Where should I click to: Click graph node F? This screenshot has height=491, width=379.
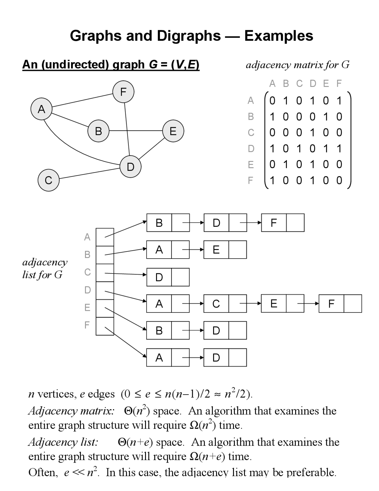click(x=123, y=92)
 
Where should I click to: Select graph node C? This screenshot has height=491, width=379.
click(x=49, y=180)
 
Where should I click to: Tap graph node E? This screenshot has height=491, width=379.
click(x=173, y=131)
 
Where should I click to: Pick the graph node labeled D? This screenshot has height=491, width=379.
click(x=131, y=167)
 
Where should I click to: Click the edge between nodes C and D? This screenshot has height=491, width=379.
click(x=89, y=173)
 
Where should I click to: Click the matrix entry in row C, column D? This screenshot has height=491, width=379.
click(x=312, y=133)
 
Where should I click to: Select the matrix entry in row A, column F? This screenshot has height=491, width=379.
click(x=339, y=101)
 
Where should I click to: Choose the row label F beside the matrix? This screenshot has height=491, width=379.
click(x=250, y=180)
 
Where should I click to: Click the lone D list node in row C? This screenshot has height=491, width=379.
click(x=159, y=277)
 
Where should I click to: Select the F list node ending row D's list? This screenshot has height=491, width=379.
click(x=331, y=304)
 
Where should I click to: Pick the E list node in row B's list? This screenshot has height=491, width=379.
click(x=216, y=250)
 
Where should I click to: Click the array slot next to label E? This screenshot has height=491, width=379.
click(x=105, y=308)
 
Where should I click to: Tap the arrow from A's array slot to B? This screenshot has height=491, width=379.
click(x=126, y=229)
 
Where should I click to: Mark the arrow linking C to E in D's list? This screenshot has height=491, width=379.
click(x=250, y=304)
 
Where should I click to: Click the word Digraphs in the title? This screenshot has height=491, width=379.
click(x=189, y=36)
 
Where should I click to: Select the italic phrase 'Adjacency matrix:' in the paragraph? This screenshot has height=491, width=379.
click(x=71, y=411)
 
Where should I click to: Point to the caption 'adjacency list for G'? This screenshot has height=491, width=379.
click(x=44, y=268)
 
